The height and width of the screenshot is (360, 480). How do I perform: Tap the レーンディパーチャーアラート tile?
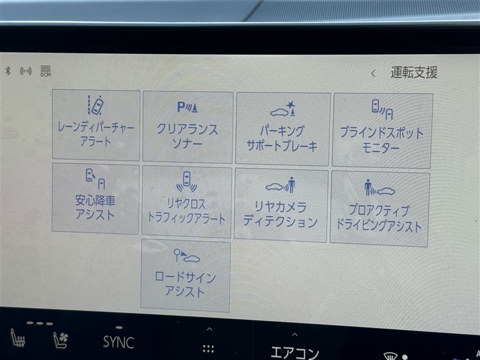coord(96,125)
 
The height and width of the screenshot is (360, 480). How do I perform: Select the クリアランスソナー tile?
coord(187,127)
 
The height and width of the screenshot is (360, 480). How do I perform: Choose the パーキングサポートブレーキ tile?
coord(283,129)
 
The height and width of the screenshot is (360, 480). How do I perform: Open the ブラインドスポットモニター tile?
coord(382,131)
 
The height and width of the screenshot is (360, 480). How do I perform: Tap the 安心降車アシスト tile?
coord(95,199)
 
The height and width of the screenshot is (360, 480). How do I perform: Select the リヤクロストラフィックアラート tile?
coord(187,202)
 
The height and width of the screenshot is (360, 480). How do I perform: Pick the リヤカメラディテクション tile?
coord(281,205)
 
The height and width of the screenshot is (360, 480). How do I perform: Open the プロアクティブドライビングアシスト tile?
coord(379,209)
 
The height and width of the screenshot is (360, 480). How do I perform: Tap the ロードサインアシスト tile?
coord(185,275)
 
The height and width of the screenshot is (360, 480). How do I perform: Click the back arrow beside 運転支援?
coord(373,73)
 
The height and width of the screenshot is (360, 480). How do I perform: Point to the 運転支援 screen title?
coord(414,73)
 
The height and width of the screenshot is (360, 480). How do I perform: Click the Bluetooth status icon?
coord(8,71)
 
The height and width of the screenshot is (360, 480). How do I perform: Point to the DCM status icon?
coord(46,71)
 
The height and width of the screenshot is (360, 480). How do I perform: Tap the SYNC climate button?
coord(118,342)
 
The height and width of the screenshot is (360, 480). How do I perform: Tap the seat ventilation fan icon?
coord(61,340)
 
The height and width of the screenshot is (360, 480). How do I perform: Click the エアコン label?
coord(295,353)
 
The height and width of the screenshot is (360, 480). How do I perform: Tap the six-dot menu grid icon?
coord(208,349)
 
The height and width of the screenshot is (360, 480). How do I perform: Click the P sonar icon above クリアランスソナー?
coord(187,107)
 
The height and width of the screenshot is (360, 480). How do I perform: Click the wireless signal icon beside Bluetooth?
coord(26,71)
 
